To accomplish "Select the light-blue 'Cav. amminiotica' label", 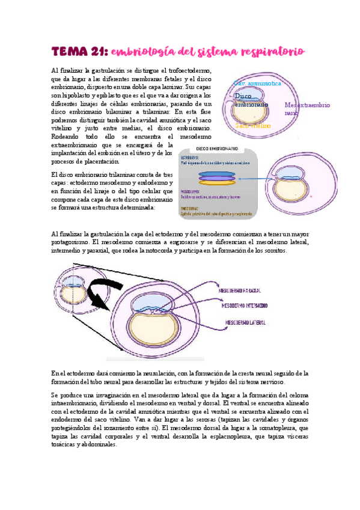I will click(x=257, y=84).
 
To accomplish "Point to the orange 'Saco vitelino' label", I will click(x=253, y=126).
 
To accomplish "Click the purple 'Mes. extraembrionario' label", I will click(x=307, y=108).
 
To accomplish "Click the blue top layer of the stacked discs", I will click(x=216, y=173).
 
